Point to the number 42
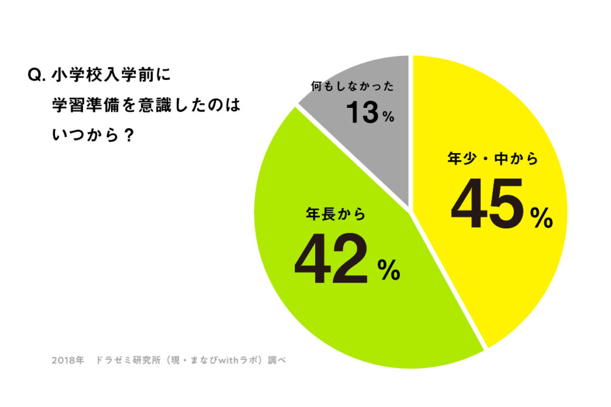[331, 261]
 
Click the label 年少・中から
[493, 159]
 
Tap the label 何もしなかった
[352, 86]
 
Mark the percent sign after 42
[388, 273]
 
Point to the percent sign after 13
[388, 116]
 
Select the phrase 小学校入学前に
[111, 76]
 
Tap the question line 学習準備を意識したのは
[145, 105]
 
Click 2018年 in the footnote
[67, 361]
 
